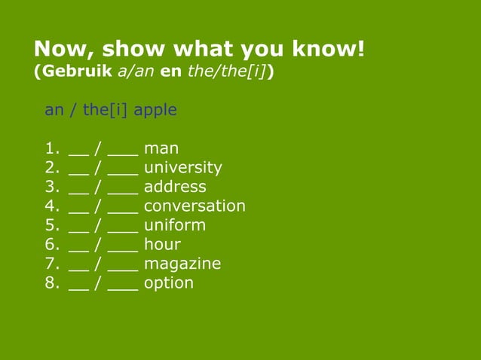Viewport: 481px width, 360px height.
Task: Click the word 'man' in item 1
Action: click(x=161, y=148)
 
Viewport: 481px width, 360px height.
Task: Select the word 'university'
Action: click(x=182, y=168)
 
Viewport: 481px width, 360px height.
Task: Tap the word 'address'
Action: click(x=175, y=187)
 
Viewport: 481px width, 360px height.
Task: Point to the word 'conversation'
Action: click(x=195, y=206)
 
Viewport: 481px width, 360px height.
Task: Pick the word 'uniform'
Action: click(x=174, y=225)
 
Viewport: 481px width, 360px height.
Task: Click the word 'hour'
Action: click(x=162, y=244)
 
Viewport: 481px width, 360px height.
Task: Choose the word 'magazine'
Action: click(x=182, y=264)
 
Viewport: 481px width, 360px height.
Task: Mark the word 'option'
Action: click(x=168, y=283)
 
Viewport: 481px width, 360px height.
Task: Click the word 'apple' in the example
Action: click(x=155, y=111)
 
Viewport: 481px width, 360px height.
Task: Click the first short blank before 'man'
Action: click(x=78, y=153)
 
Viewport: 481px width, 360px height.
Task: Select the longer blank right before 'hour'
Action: click(x=123, y=249)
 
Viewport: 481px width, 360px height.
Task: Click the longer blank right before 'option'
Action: click(x=123, y=288)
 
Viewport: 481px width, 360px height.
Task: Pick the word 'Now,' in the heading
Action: click(x=63, y=50)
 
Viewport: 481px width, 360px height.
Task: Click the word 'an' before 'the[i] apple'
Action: click(x=54, y=111)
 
